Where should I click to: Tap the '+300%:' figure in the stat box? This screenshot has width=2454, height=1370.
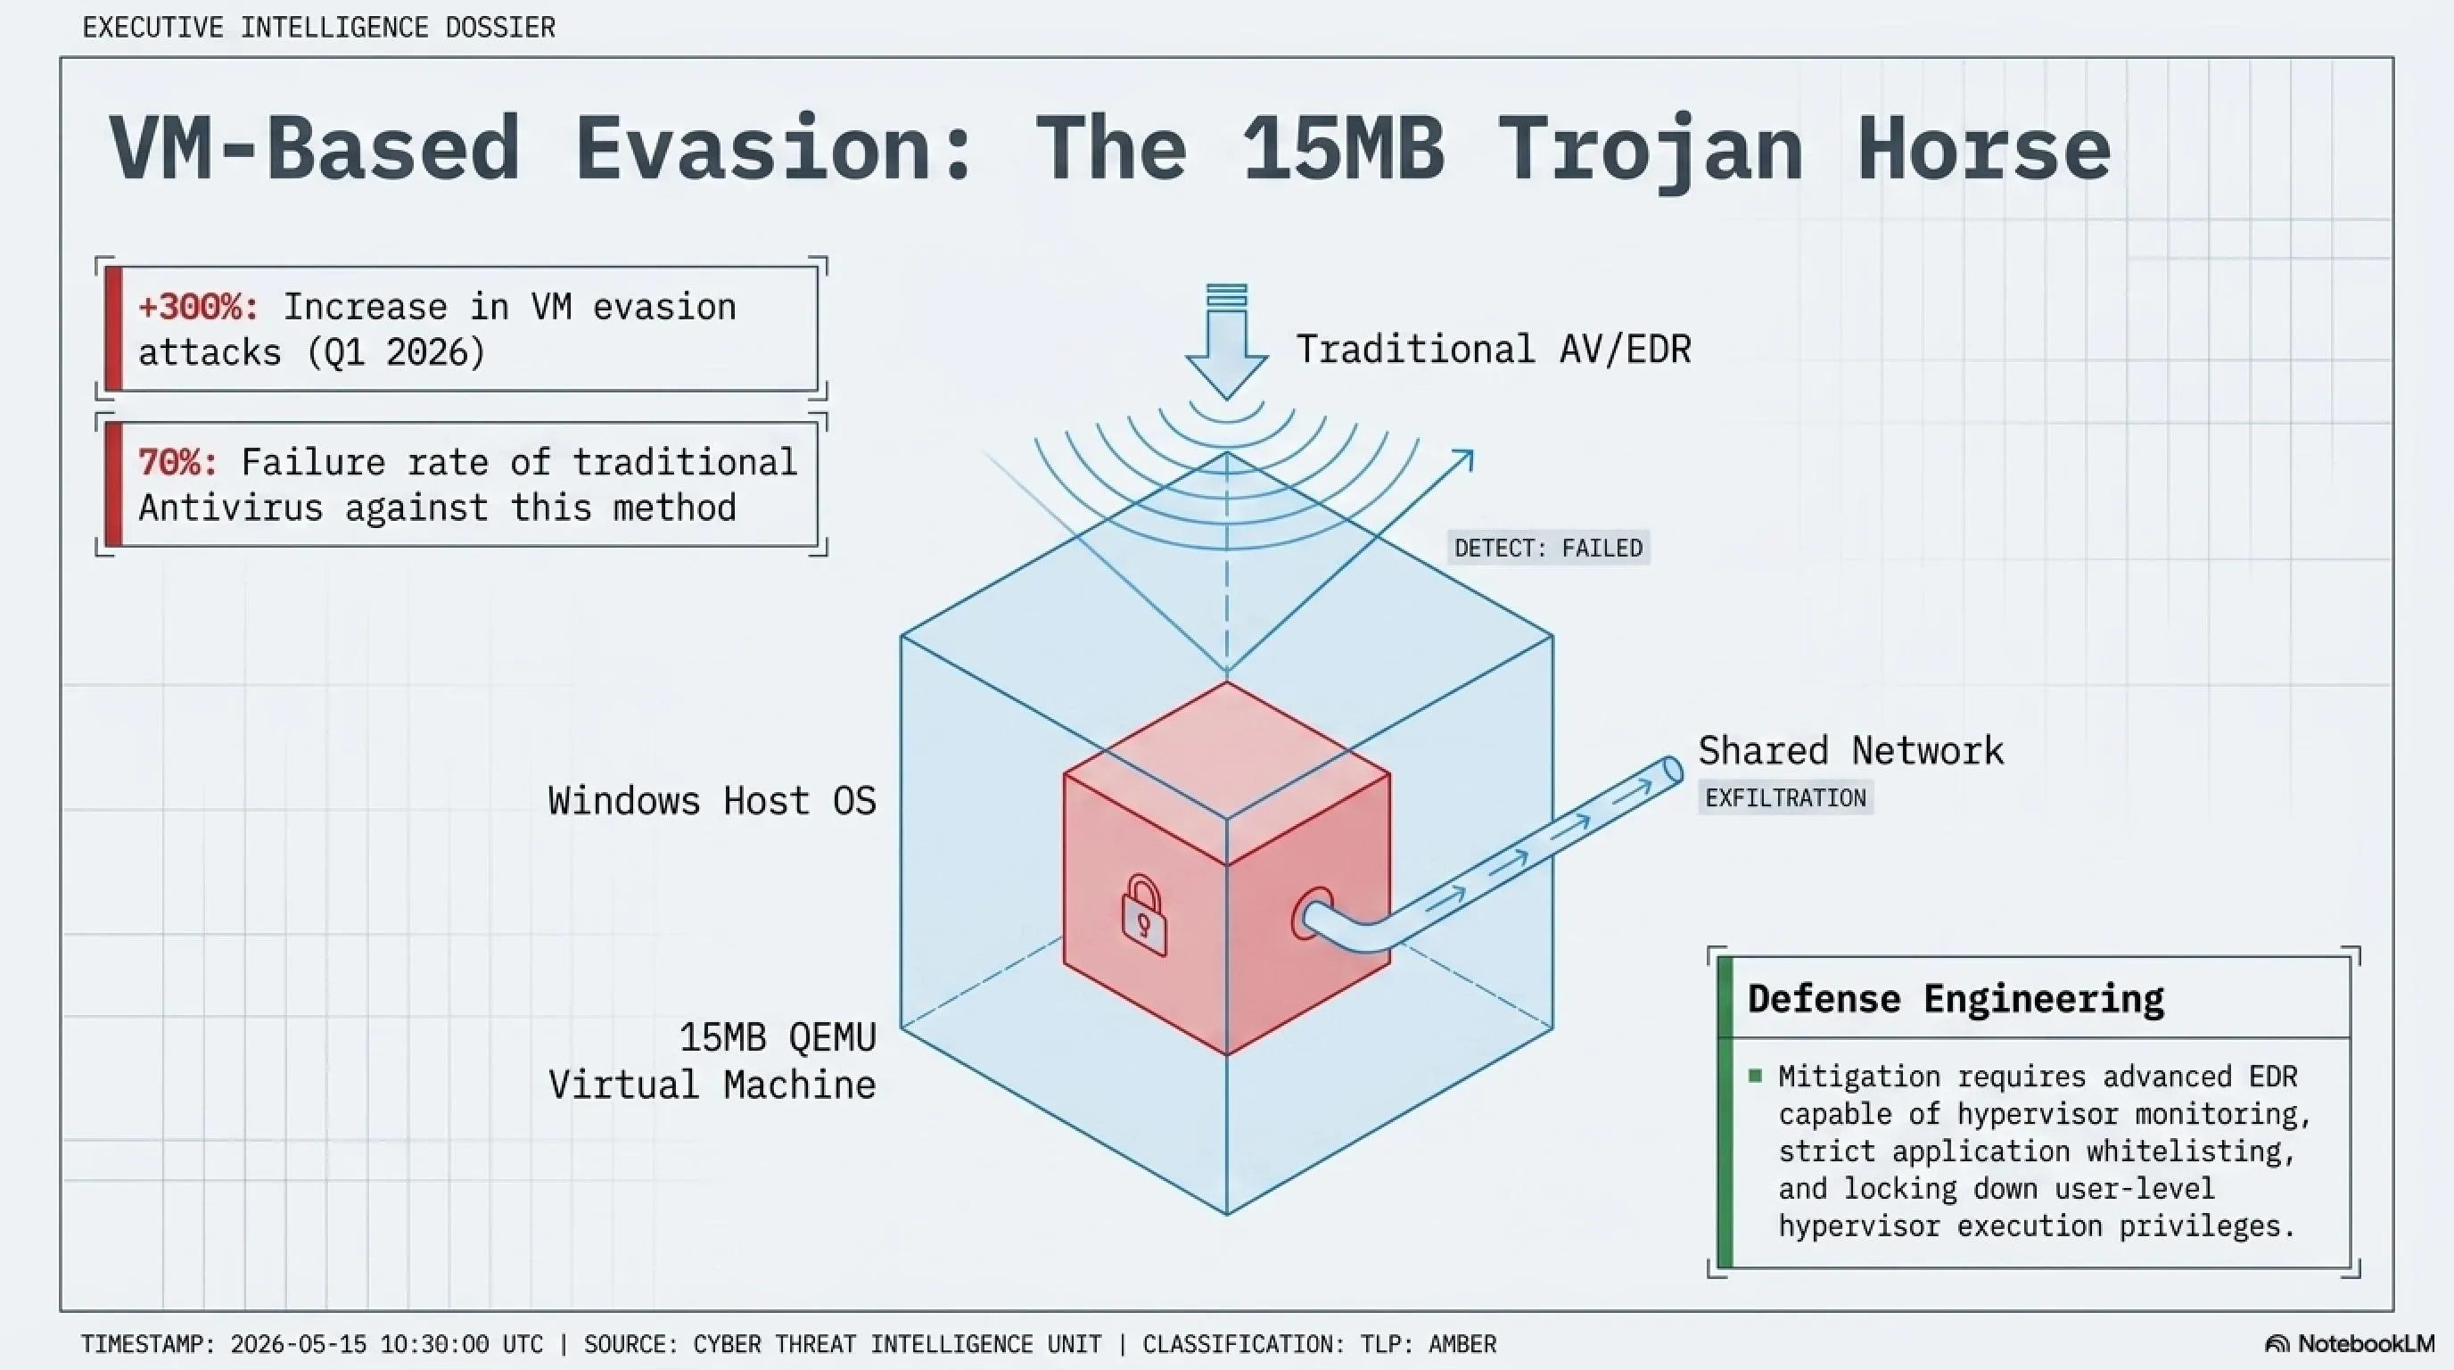(x=198, y=307)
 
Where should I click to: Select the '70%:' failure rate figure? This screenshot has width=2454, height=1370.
(x=177, y=462)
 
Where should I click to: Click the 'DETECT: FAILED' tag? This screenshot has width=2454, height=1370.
(x=1548, y=548)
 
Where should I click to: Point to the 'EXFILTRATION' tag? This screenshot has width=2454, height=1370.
(x=1785, y=798)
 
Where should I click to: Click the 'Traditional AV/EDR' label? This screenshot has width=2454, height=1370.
(x=1493, y=350)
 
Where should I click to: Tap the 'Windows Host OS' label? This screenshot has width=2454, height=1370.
(x=712, y=800)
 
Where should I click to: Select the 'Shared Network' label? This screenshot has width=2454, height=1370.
(x=1850, y=751)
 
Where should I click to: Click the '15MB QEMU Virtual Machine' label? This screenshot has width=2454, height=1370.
(x=712, y=1061)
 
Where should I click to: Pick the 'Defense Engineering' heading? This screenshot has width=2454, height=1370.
(x=1955, y=998)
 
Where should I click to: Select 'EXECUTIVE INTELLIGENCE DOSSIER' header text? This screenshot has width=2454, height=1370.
(x=318, y=28)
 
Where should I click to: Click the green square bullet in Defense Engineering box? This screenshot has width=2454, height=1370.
(x=1756, y=1077)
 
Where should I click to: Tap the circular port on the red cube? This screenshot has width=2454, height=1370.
(x=1312, y=914)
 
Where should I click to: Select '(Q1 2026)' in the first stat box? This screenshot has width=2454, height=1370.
(x=396, y=352)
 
